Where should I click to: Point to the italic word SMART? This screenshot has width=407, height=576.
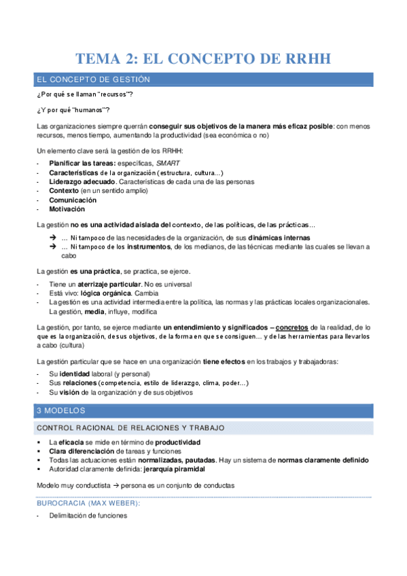coord(169,164)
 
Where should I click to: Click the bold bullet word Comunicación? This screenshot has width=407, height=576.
coord(73,200)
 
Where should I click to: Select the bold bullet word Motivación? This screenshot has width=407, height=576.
coord(67,209)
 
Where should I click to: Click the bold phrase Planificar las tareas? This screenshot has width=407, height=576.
coord(82,164)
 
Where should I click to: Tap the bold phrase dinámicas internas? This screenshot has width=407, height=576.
coord(280,238)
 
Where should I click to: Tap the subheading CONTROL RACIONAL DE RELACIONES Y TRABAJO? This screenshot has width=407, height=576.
coord(131,427)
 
